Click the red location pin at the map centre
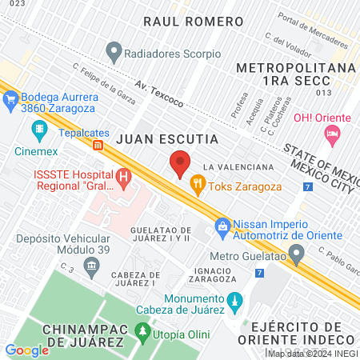(180, 164)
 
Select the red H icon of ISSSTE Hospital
(124, 177)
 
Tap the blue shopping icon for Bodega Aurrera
(10, 99)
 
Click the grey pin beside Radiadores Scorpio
(114, 54)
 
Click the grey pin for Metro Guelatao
(297, 256)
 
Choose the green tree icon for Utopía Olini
(142, 329)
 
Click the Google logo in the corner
(26, 350)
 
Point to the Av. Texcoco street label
(159, 94)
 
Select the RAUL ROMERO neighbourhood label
(192, 21)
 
